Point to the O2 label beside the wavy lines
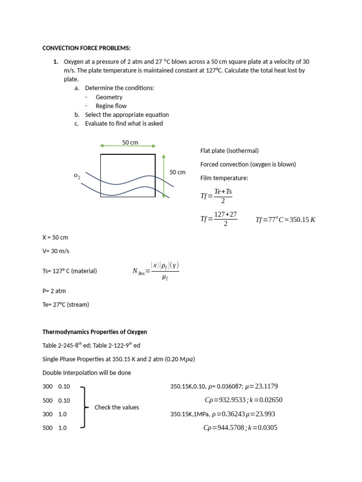click(x=77, y=176)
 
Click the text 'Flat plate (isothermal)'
click(x=229, y=151)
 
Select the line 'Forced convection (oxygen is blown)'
click(x=248, y=164)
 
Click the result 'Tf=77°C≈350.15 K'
click(x=285, y=219)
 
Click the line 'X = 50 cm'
click(x=55, y=237)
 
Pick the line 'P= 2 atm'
click(x=55, y=291)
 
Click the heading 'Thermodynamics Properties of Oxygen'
click(x=95, y=332)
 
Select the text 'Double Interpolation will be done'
click(x=86, y=373)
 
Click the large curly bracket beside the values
click(x=85, y=407)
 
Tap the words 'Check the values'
click(x=116, y=407)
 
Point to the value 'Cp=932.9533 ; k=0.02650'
click(x=243, y=400)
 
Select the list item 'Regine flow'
click(x=111, y=106)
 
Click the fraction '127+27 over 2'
click(x=225, y=219)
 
